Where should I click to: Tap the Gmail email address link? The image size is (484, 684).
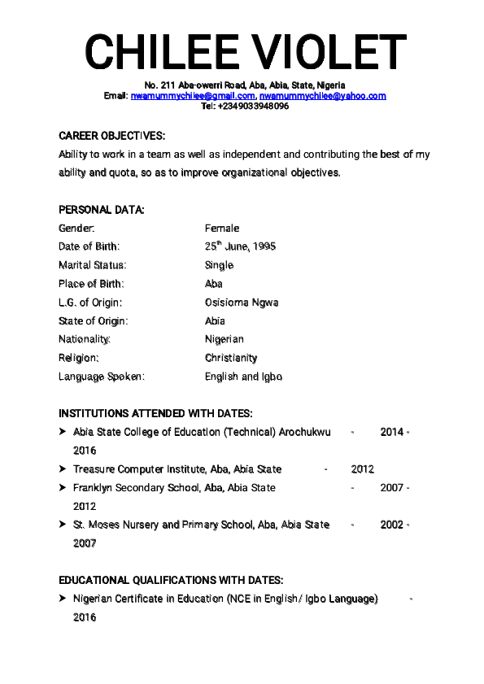(x=193, y=96)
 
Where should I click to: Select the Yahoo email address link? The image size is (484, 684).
(x=323, y=96)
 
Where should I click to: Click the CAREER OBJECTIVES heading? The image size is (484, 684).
(x=112, y=136)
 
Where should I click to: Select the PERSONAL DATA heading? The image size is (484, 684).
(x=102, y=210)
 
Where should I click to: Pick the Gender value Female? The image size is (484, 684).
(x=222, y=229)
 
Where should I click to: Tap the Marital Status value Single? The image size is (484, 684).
(x=219, y=265)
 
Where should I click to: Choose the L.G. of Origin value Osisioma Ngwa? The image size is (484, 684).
(x=242, y=303)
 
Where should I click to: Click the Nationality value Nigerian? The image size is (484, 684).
(x=224, y=339)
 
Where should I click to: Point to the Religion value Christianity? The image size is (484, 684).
(x=231, y=358)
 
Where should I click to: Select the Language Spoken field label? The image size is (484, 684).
(x=101, y=377)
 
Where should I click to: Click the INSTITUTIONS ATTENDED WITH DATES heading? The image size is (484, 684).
(x=155, y=413)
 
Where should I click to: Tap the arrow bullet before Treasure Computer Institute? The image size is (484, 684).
(x=63, y=469)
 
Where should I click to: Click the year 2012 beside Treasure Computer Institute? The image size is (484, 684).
(x=363, y=469)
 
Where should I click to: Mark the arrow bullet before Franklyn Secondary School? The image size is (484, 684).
(x=63, y=488)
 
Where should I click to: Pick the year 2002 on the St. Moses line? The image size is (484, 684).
(x=391, y=525)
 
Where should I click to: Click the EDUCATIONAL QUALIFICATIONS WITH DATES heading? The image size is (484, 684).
(x=171, y=581)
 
